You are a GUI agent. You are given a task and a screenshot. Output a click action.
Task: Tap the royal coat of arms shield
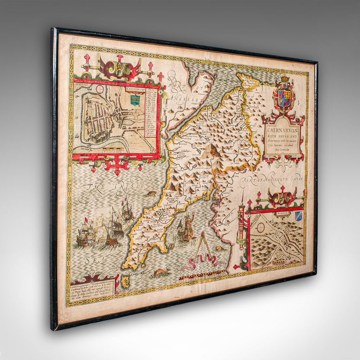[284, 98]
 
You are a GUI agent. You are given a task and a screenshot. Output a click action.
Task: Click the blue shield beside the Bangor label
[298, 216]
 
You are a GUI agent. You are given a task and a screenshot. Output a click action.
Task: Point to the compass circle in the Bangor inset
[261, 227]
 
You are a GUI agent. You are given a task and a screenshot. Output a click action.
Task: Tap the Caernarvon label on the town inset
[136, 89]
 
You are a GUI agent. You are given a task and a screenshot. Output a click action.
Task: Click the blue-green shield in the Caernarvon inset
[135, 100]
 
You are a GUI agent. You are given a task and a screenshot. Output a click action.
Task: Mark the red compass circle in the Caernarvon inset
[100, 89]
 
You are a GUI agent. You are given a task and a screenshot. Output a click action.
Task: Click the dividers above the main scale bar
[204, 250]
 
